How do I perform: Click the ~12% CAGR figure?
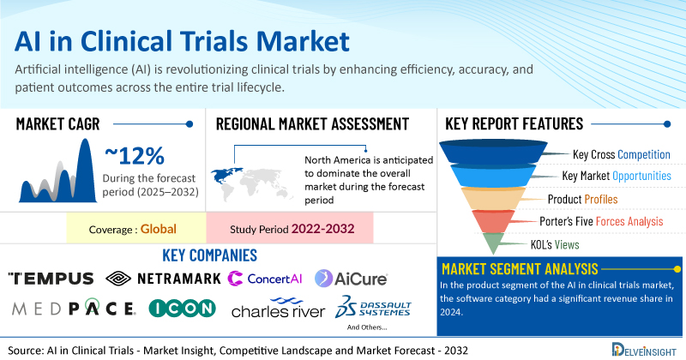click(x=135, y=156)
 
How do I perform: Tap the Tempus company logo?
click(x=51, y=279)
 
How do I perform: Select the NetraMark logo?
click(x=163, y=279)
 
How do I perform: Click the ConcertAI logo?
click(x=265, y=279)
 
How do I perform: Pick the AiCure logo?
click(x=351, y=279)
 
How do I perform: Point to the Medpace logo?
click(x=74, y=309)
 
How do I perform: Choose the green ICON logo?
click(x=183, y=308)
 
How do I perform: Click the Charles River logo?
click(x=278, y=308)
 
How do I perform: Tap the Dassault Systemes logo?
click(x=373, y=307)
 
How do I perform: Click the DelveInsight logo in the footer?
click(x=644, y=349)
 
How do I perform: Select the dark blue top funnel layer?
click(x=493, y=152)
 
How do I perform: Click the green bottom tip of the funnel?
click(x=493, y=243)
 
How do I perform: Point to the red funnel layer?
click(x=493, y=221)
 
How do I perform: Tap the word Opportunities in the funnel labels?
click(x=641, y=176)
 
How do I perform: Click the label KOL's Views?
click(x=555, y=244)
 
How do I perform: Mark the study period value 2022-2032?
click(x=323, y=229)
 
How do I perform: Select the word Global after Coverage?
click(x=159, y=229)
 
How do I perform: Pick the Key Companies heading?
click(x=209, y=255)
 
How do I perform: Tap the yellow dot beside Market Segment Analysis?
click(x=677, y=269)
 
